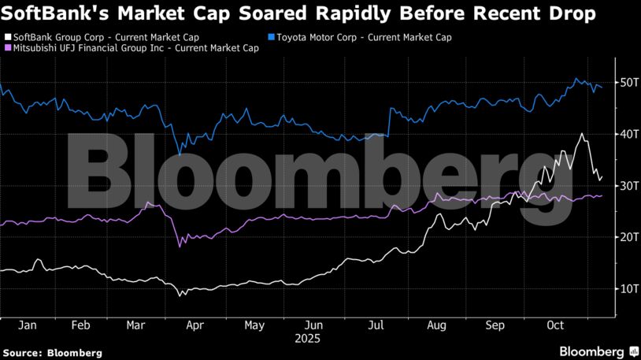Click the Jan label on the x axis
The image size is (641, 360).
coord(26,324)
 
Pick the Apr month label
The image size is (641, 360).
coord(195,324)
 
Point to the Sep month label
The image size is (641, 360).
coord(495,324)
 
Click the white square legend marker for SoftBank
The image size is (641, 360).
coord(7,37)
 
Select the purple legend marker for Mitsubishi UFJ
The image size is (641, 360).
coord(7,48)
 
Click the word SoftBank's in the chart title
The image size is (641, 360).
coord(53,13)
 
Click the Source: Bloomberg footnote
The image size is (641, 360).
coord(53,353)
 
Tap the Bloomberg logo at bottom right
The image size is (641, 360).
coord(598,351)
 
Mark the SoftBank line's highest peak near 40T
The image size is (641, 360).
coord(581,134)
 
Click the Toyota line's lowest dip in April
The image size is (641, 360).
coord(180,154)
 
